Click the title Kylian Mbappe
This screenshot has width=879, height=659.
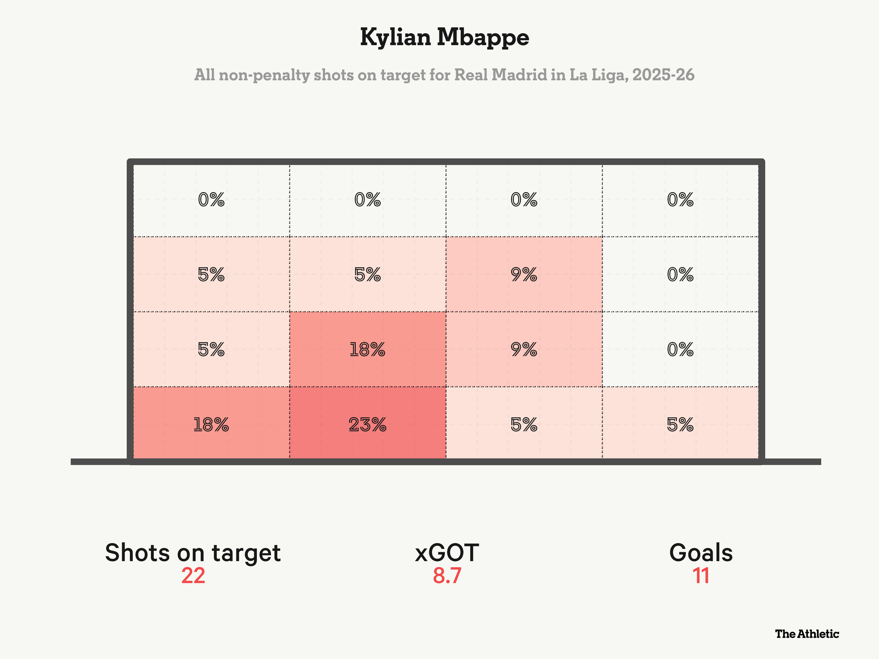click(x=444, y=38)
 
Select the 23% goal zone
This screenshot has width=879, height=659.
click(x=367, y=424)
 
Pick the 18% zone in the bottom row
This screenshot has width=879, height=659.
click(x=211, y=424)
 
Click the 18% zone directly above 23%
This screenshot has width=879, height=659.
click(x=367, y=349)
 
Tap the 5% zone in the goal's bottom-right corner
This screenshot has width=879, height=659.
click(x=680, y=424)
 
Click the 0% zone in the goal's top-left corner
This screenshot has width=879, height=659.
click(x=211, y=199)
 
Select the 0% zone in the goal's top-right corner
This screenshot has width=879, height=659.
click(x=680, y=199)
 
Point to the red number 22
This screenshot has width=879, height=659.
click(x=193, y=576)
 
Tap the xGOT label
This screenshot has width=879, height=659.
click(x=447, y=553)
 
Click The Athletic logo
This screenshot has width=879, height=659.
click(x=807, y=634)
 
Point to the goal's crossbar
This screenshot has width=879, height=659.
click(x=445, y=162)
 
